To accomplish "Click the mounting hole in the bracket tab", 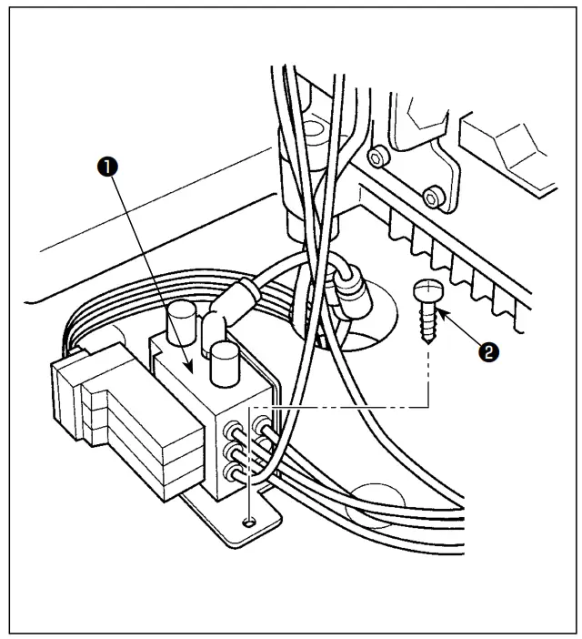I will point(249,522).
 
